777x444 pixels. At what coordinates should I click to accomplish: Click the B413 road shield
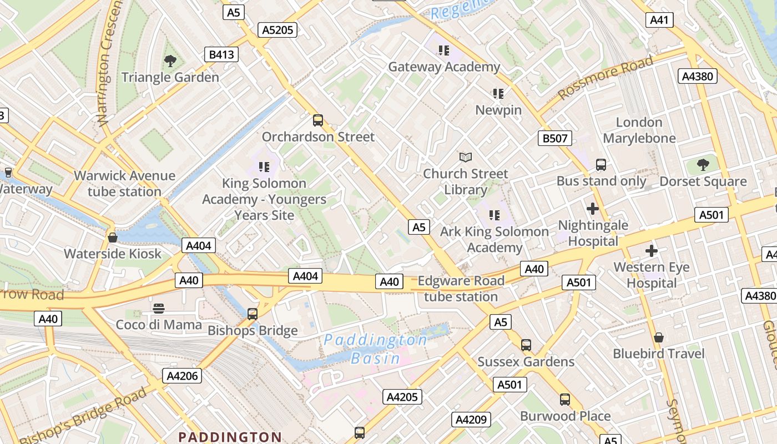221,54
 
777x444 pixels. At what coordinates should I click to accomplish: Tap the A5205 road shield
277,30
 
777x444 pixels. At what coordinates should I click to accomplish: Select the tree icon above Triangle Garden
170,61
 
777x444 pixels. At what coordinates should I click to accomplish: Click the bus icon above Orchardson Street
318,120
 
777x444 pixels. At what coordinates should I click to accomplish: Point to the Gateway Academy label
443,67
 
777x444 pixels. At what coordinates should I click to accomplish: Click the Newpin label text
498,110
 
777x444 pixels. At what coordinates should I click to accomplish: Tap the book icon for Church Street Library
466,158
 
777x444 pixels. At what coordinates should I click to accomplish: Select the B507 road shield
555,138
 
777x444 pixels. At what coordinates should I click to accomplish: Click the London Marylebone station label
639,130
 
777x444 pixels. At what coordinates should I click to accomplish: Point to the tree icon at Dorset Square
703,165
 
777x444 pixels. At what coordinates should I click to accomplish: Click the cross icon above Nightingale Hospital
593,209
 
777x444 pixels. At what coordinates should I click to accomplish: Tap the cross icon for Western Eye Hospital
652,251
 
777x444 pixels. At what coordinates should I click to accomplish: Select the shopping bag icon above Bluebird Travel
659,337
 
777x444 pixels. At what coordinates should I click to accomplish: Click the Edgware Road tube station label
461,289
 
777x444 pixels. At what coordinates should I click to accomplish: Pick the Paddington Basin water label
375,349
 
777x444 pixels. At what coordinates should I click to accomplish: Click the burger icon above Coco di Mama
159,309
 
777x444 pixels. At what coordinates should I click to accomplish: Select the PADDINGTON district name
230,437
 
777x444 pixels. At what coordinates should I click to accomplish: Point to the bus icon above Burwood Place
565,400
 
